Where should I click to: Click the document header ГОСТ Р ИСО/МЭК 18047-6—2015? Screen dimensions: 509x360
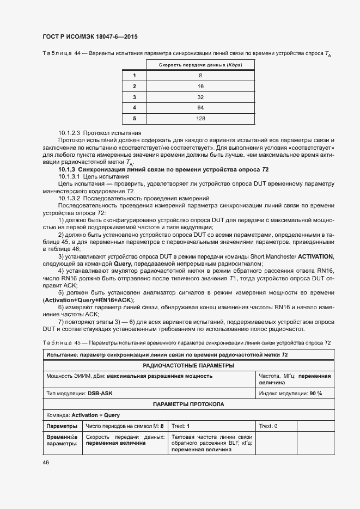90,36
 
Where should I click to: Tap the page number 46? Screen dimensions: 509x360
45,462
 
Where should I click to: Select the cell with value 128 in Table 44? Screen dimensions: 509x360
200,118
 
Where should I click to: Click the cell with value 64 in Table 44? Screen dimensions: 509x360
200,107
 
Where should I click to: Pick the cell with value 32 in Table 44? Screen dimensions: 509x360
200,97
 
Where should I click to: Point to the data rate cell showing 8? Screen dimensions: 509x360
200,75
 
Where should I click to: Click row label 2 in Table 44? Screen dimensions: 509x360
134,86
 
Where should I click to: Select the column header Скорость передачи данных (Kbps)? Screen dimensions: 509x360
200,65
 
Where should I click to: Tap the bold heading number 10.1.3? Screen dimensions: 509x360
68,170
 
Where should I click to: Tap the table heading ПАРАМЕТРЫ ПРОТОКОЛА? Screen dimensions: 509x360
188,404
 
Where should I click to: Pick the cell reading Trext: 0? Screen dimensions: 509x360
269,426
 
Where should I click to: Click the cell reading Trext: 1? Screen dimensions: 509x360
181,426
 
